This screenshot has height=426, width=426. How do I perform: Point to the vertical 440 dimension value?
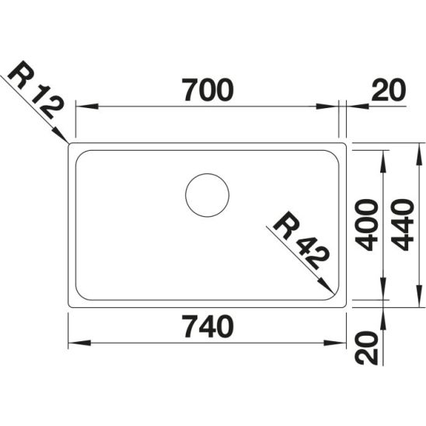point(403,224)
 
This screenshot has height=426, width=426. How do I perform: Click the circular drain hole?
point(207,194)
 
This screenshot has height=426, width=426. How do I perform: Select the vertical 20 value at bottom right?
point(366,347)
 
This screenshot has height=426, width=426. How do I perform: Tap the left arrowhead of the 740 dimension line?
point(72,343)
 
